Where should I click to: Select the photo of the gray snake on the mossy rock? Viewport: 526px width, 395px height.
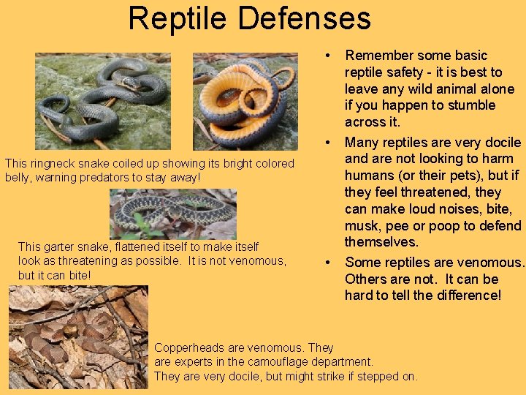tap(102, 102)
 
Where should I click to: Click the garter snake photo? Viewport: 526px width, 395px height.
tap(172, 214)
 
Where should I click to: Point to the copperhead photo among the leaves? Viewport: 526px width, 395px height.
tap(77, 336)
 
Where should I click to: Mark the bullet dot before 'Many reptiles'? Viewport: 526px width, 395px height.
tap(330, 142)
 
